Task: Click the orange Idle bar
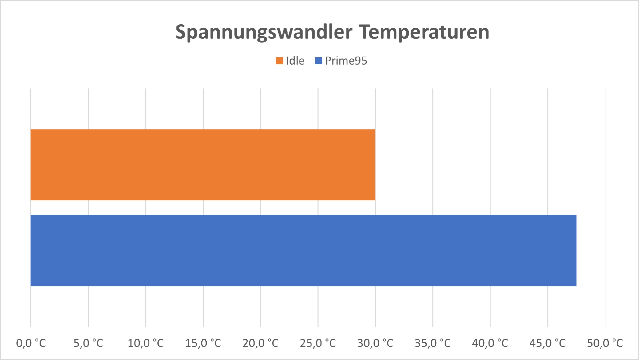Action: point(203,165)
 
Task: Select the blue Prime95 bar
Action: point(303,250)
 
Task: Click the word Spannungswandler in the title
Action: point(264,32)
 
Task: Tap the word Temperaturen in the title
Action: point(424,32)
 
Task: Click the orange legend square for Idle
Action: point(279,61)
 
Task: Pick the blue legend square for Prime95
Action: point(319,61)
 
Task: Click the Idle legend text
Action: point(295,61)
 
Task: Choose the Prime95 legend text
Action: point(346,61)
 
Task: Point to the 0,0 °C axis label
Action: point(31,343)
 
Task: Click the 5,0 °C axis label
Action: point(88,343)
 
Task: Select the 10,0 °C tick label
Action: point(146,343)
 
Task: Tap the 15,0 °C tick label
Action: point(203,343)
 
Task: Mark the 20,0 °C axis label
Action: point(261,343)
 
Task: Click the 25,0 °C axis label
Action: point(318,343)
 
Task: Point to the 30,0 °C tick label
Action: point(375,343)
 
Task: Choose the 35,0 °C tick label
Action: point(433,343)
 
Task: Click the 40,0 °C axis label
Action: point(490,343)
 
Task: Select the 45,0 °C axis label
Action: point(547,343)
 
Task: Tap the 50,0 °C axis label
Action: point(605,343)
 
